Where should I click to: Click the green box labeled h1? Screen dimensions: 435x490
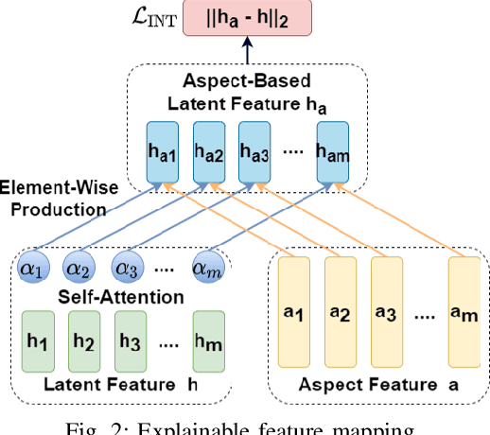(35, 336)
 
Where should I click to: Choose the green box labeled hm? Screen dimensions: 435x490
(209, 336)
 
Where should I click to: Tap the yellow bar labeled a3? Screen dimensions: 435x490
(386, 312)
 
